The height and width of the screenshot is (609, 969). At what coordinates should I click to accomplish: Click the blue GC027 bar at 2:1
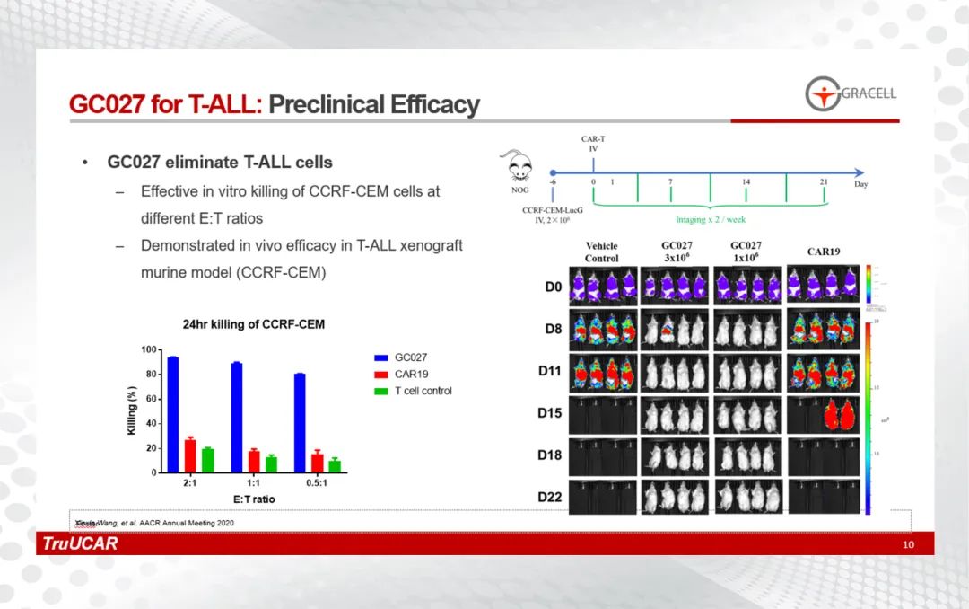(173, 414)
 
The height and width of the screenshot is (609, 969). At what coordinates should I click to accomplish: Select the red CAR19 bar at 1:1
(254, 461)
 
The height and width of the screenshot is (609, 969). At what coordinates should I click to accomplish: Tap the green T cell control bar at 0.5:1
(335, 465)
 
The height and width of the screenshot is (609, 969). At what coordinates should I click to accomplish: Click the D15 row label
(549, 413)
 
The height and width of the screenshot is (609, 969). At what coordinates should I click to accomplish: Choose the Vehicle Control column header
(602, 252)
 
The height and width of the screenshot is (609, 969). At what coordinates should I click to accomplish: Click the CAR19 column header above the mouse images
(823, 252)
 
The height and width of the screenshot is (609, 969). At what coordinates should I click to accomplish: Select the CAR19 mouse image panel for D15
(824, 415)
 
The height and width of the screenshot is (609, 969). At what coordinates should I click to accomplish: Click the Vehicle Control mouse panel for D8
(602, 330)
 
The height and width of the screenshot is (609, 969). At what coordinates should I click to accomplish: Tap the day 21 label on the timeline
(824, 183)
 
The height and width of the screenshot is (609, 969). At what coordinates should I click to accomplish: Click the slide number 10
(908, 545)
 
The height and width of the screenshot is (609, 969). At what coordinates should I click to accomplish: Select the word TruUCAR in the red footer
(80, 544)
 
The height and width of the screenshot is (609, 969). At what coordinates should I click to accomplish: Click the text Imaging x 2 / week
(710, 220)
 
